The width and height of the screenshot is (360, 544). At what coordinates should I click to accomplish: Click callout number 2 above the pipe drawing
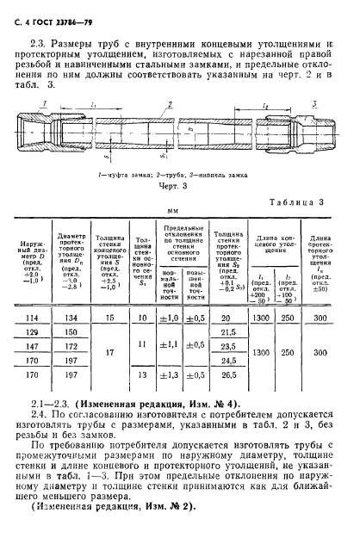pos(171,102)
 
